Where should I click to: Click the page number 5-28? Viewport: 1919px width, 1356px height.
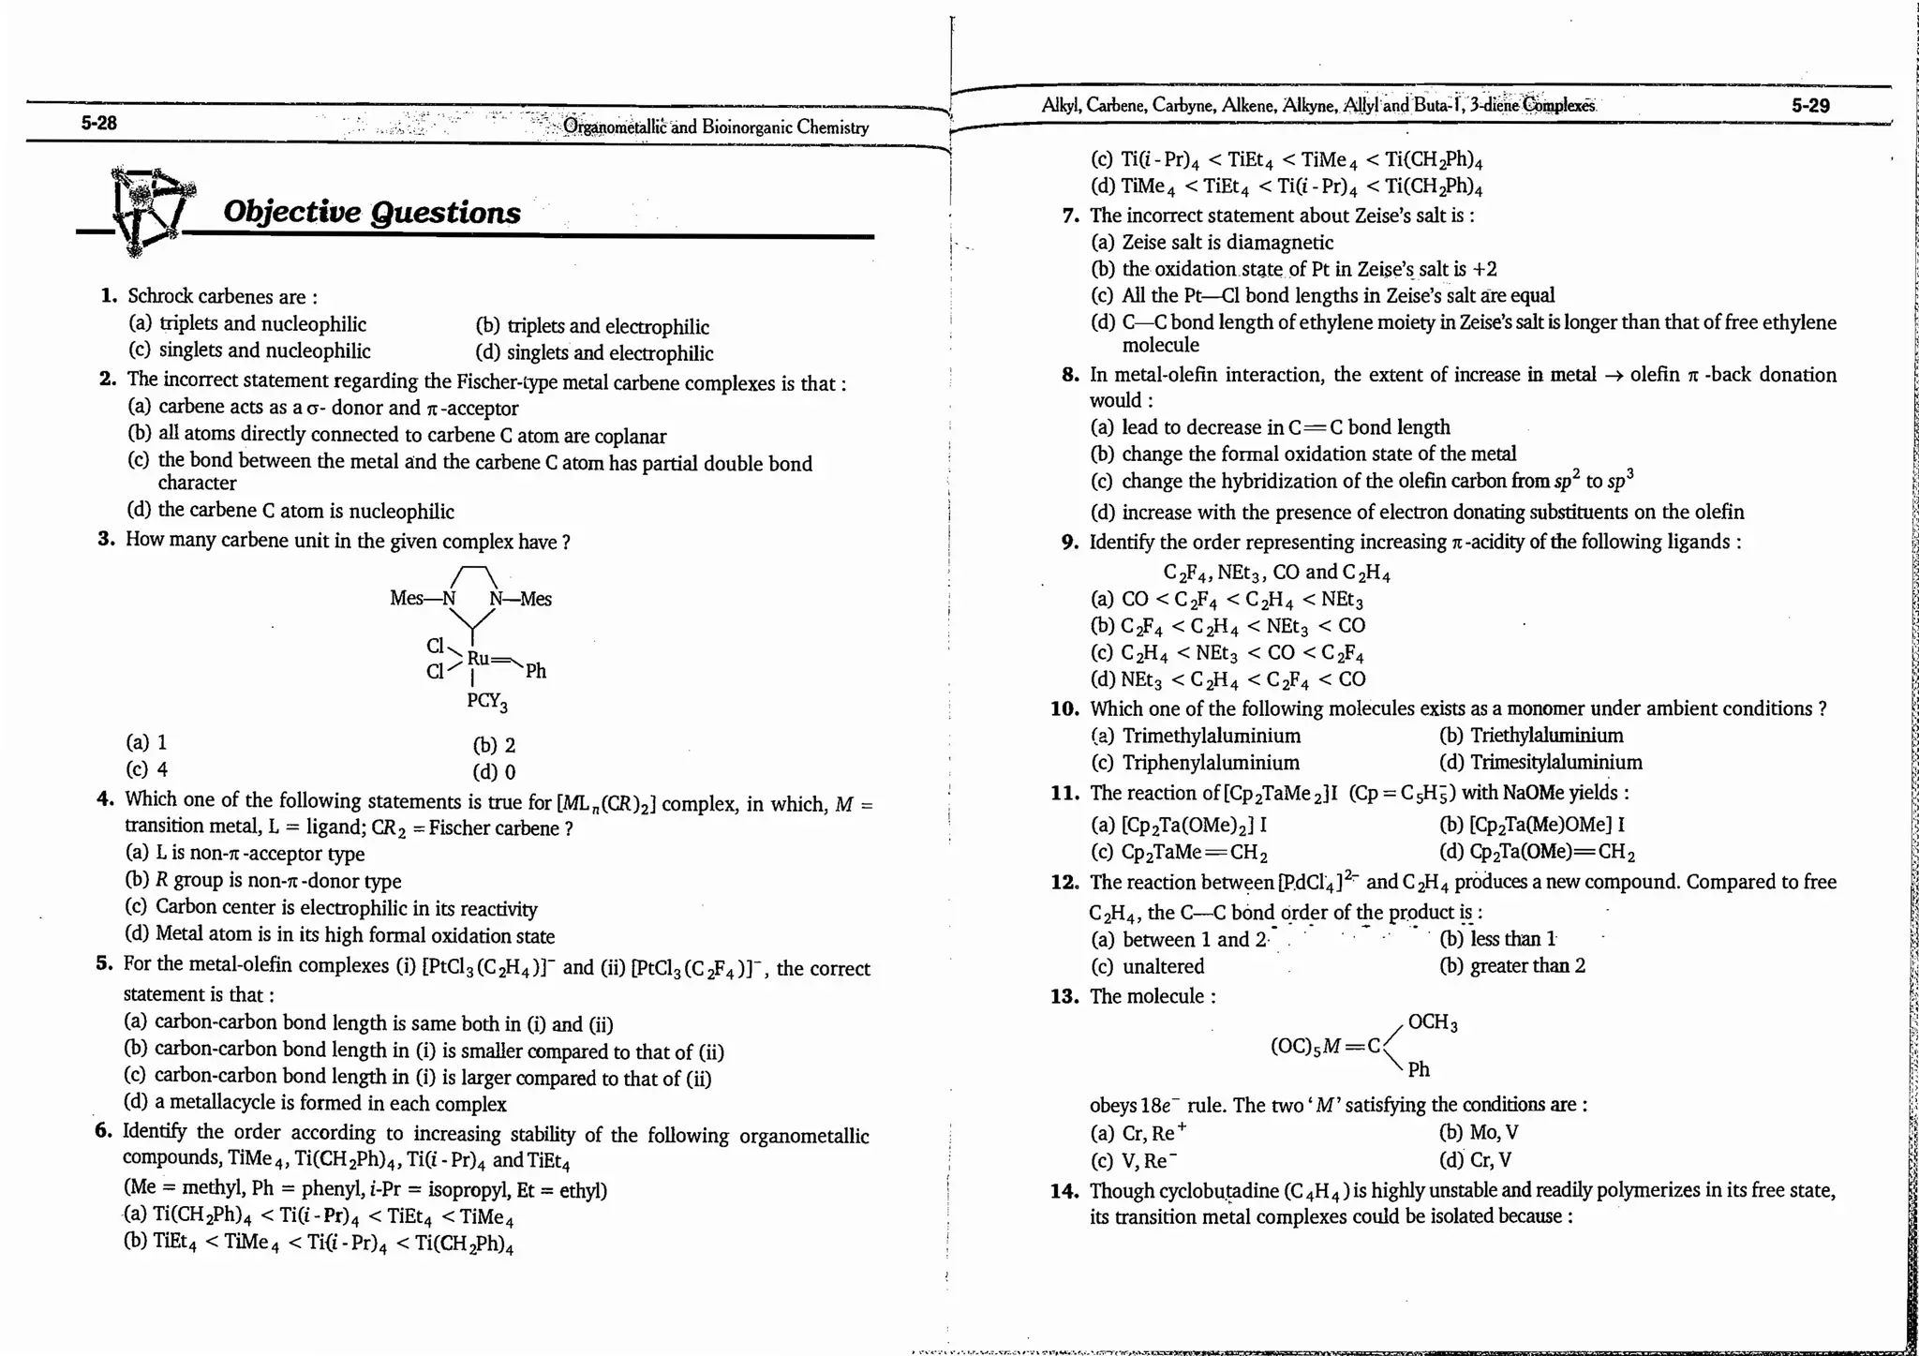pyautogui.click(x=98, y=123)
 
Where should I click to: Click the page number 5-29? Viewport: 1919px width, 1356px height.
pyautogui.click(x=1810, y=106)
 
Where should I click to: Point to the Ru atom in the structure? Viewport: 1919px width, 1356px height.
pyautogui.click(x=478, y=658)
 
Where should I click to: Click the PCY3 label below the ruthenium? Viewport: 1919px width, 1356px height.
pyautogui.click(x=486, y=701)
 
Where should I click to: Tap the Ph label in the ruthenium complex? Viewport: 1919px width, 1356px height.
pyautogui.click(x=536, y=671)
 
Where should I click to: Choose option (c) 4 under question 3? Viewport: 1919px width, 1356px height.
pyautogui.click(x=147, y=769)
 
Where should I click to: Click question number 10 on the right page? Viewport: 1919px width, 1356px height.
pyautogui.click(x=1064, y=708)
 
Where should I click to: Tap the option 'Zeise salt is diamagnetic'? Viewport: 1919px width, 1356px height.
pyautogui.click(x=1227, y=243)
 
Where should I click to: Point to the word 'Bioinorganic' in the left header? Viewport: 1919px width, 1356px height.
pyautogui.click(x=745, y=127)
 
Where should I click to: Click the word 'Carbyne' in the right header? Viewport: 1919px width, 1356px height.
pyautogui.click(x=1182, y=106)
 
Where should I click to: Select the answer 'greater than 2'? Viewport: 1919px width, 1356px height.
pyautogui.click(x=1527, y=965)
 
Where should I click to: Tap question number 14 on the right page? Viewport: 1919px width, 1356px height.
pyautogui.click(x=1064, y=1191)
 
